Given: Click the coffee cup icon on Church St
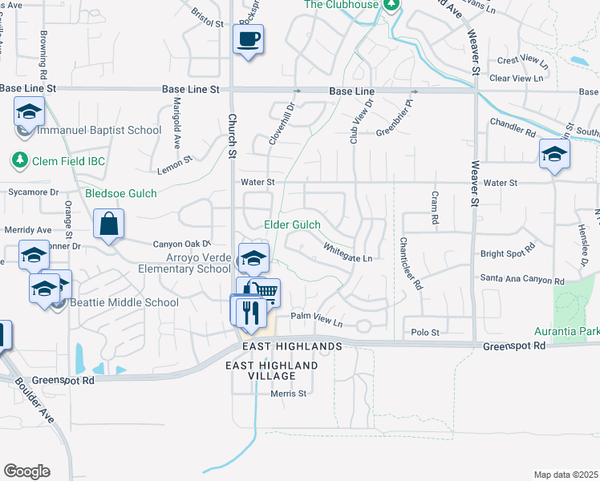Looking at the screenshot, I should coord(248,38).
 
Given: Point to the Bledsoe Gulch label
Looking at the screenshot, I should coord(121,193).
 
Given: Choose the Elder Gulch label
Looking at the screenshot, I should coord(292,225).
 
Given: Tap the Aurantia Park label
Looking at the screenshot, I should coord(567,331).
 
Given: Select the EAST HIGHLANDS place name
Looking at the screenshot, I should coord(293,346).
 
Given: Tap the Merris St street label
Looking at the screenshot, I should coord(289,394).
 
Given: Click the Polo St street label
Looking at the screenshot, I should coord(425,332).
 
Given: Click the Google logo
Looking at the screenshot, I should coord(26,471).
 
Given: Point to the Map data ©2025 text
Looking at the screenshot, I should coord(566,475).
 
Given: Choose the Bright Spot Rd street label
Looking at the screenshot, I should coord(507,253).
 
